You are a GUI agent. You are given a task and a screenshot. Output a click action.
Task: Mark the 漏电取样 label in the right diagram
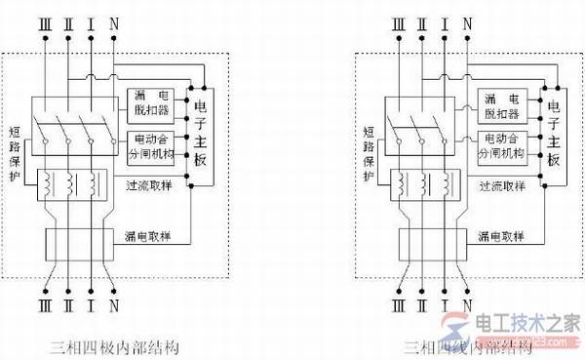(503, 237)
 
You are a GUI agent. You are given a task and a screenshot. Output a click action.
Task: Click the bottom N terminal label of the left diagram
(115, 314)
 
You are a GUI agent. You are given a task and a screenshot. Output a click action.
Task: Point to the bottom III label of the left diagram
(43, 314)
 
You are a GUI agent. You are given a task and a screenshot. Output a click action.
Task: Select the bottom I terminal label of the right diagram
(445, 314)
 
